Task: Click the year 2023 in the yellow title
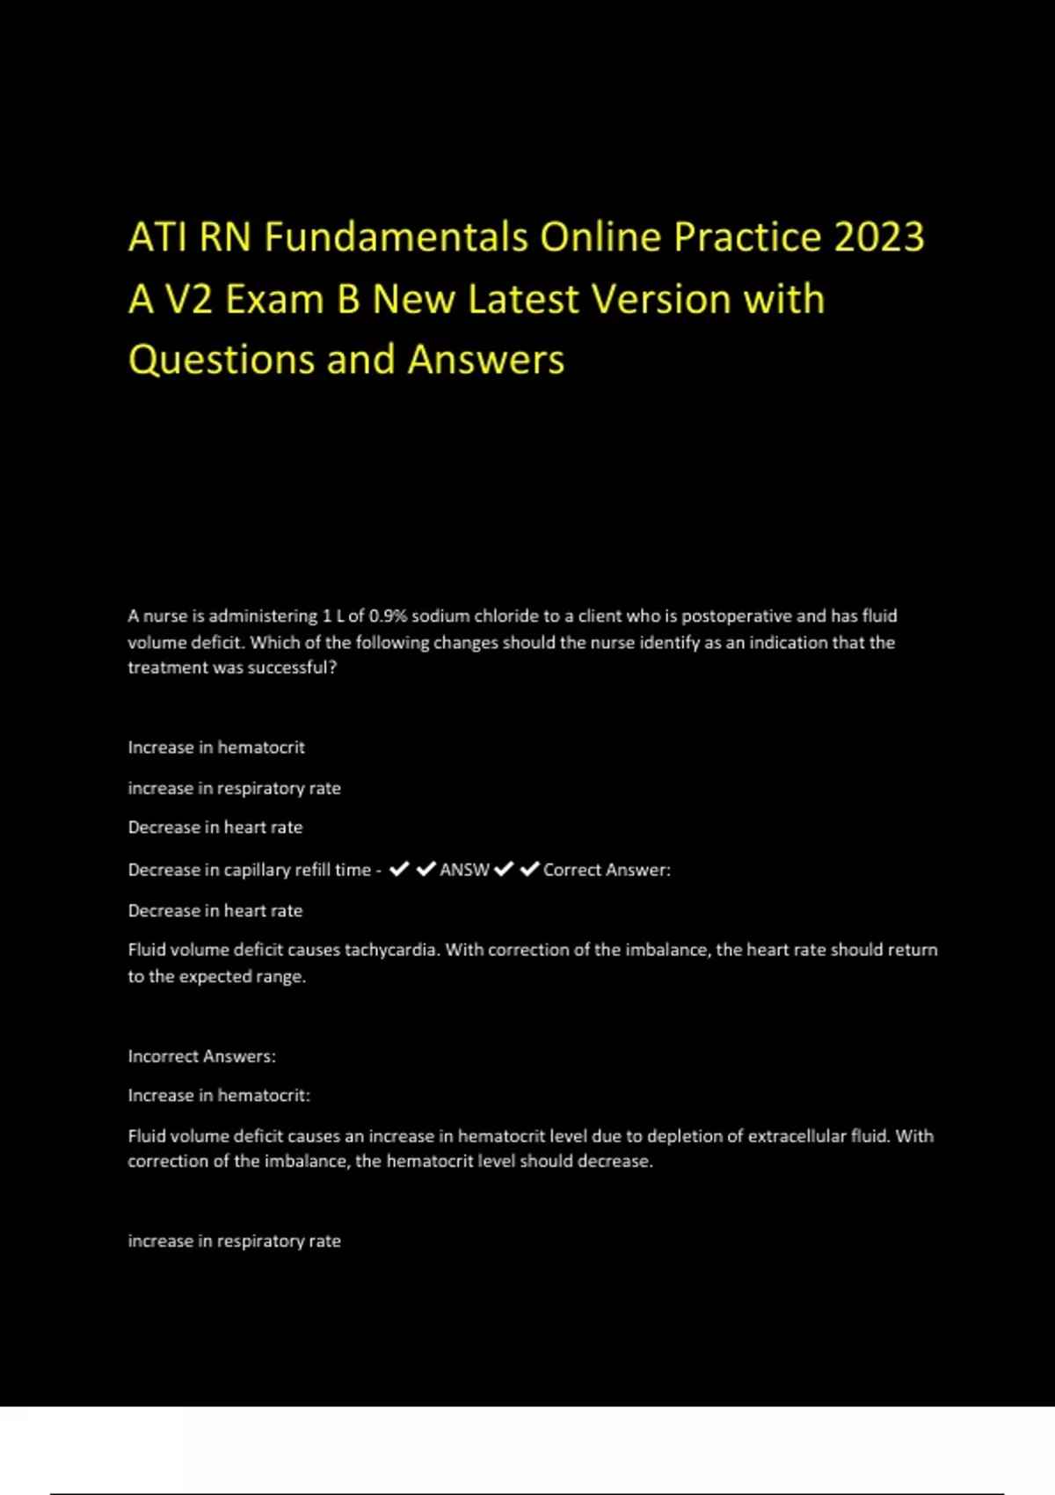click(x=879, y=237)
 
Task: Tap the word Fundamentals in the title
click(x=397, y=237)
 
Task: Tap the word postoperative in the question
click(x=737, y=616)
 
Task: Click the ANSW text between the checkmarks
click(x=464, y=870)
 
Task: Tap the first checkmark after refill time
click(x=399, y=869)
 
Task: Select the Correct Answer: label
click(x=607, y=870)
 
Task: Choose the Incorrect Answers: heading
click(x=201, y=1056)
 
